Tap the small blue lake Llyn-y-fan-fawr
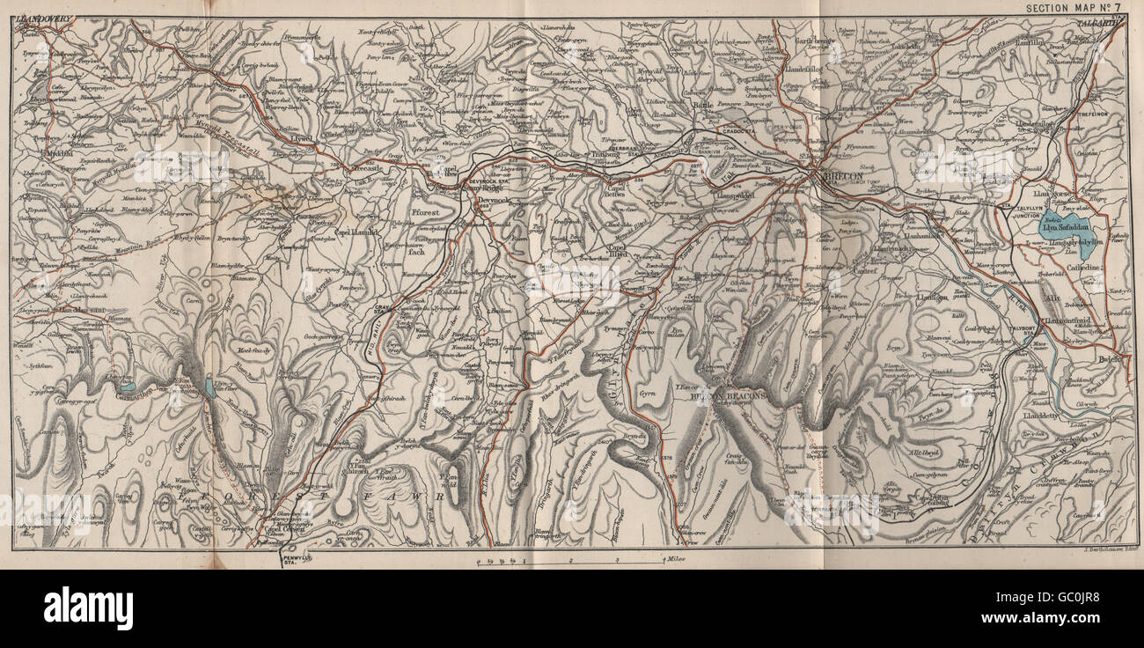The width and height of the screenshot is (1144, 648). click(x=209, y=388)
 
